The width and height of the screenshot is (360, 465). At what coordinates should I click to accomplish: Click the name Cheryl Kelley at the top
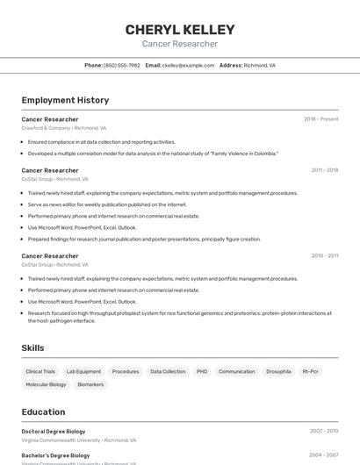[180, 29]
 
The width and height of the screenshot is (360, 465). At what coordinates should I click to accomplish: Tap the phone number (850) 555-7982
[121, 65]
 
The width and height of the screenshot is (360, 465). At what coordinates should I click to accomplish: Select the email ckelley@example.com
[188, 65]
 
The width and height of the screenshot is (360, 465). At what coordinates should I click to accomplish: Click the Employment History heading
[65, 100]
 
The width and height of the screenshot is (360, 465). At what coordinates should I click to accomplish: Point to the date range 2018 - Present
[320, 119]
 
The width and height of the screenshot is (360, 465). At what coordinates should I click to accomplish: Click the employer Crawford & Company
[46, 128]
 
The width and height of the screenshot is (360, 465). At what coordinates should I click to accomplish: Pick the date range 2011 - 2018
[324, 170]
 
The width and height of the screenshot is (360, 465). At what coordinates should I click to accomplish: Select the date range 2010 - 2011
[324, 256]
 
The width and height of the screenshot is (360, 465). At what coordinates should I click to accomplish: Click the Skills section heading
[32, 348]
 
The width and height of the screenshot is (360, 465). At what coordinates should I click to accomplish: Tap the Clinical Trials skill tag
[40, 372]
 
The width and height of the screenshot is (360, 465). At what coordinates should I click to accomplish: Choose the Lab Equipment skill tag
[83, 372]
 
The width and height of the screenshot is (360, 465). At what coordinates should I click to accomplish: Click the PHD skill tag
[202, 372]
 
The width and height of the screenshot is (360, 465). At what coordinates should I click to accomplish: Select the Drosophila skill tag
[278, 372]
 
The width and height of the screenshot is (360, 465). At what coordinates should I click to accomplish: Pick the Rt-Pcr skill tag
[311, 372]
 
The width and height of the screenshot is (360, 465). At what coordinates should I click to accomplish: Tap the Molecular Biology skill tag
[46, 384]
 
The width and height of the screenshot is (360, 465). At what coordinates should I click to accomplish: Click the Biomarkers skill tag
[90, 384]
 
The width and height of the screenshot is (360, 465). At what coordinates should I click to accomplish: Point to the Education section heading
[43, 412]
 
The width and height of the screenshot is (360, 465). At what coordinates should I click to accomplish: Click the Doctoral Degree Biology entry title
[54, 432]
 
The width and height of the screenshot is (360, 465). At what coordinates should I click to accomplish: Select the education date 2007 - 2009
[323, 432]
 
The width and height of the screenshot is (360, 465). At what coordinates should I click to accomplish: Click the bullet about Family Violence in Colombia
[153, 154]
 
